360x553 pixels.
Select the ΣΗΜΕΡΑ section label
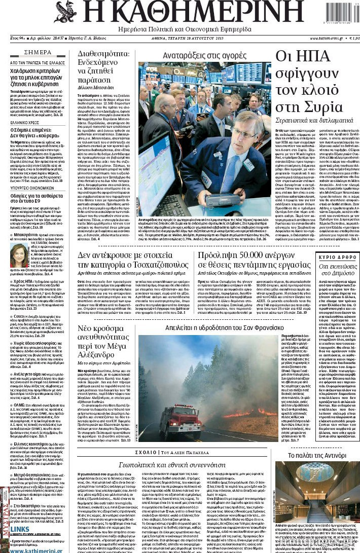click(x=38, y=53)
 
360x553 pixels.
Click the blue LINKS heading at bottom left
click(x=20, y=529)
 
